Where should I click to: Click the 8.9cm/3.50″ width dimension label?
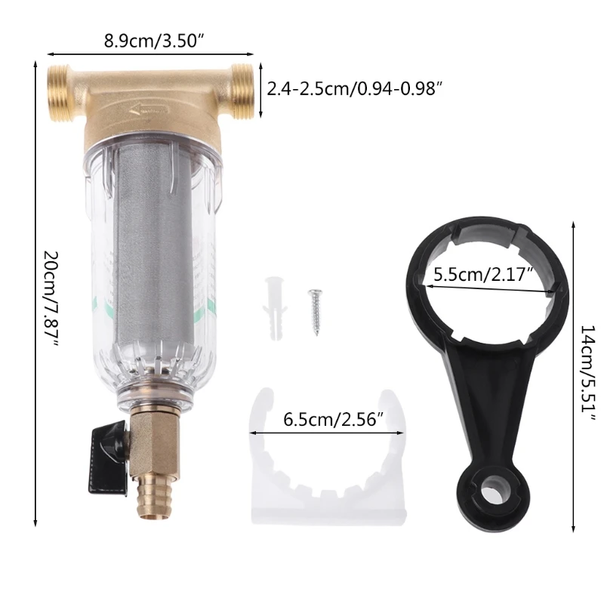154,41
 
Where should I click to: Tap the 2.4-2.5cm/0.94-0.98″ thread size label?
353,90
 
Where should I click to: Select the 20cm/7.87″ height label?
51,299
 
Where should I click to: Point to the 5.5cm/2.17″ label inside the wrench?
483,275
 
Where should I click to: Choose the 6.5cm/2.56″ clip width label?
334,420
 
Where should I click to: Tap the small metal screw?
316,312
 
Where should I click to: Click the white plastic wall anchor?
275,308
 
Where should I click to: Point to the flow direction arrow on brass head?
149,110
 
